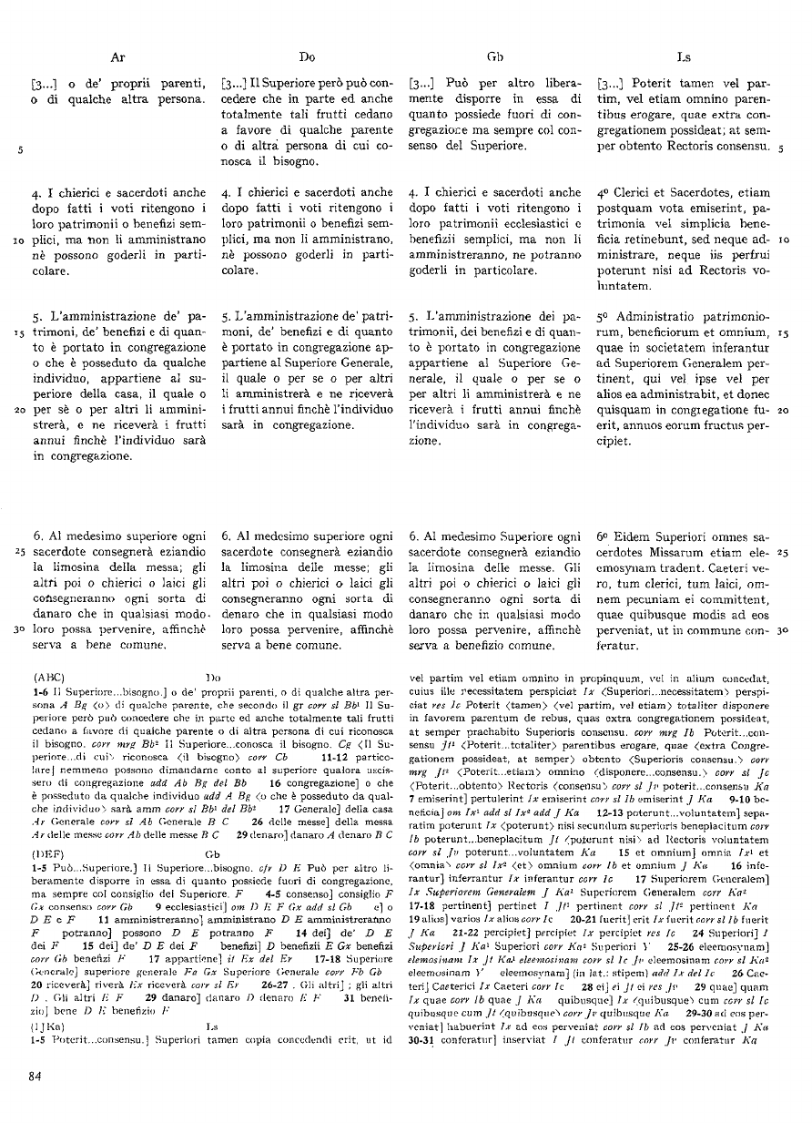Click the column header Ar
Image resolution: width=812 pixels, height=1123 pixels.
(117, 56)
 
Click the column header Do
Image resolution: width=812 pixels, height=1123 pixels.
(307, 56)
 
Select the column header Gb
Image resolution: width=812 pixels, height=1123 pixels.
(495, 56)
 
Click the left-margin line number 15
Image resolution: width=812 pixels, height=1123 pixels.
(19, 333)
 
